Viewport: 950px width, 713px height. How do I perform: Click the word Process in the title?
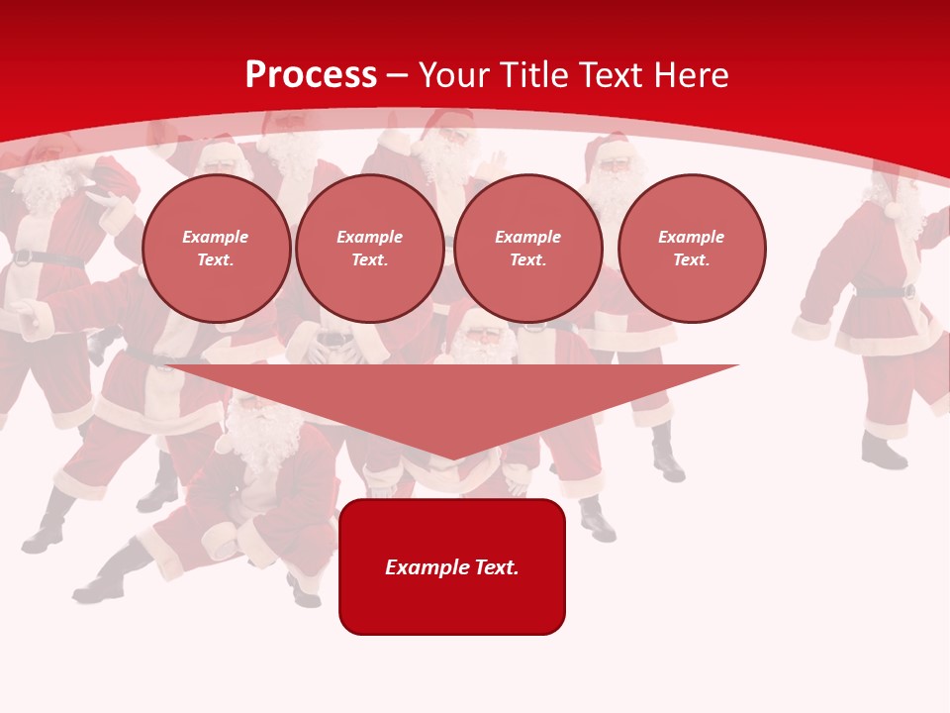[311, 75]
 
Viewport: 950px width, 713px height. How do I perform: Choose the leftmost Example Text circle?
[216, 249]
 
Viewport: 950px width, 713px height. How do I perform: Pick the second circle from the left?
[369, 249]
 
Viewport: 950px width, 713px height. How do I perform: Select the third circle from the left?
[527, 249]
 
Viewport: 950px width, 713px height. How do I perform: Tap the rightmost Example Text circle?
[691, 249]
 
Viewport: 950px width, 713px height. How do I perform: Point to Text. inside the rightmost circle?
[691, 259]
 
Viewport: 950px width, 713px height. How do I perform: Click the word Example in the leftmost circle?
[216, 237]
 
